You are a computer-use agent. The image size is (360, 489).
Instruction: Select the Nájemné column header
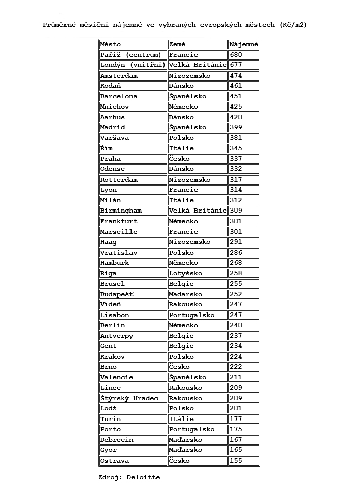click(244, 44)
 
